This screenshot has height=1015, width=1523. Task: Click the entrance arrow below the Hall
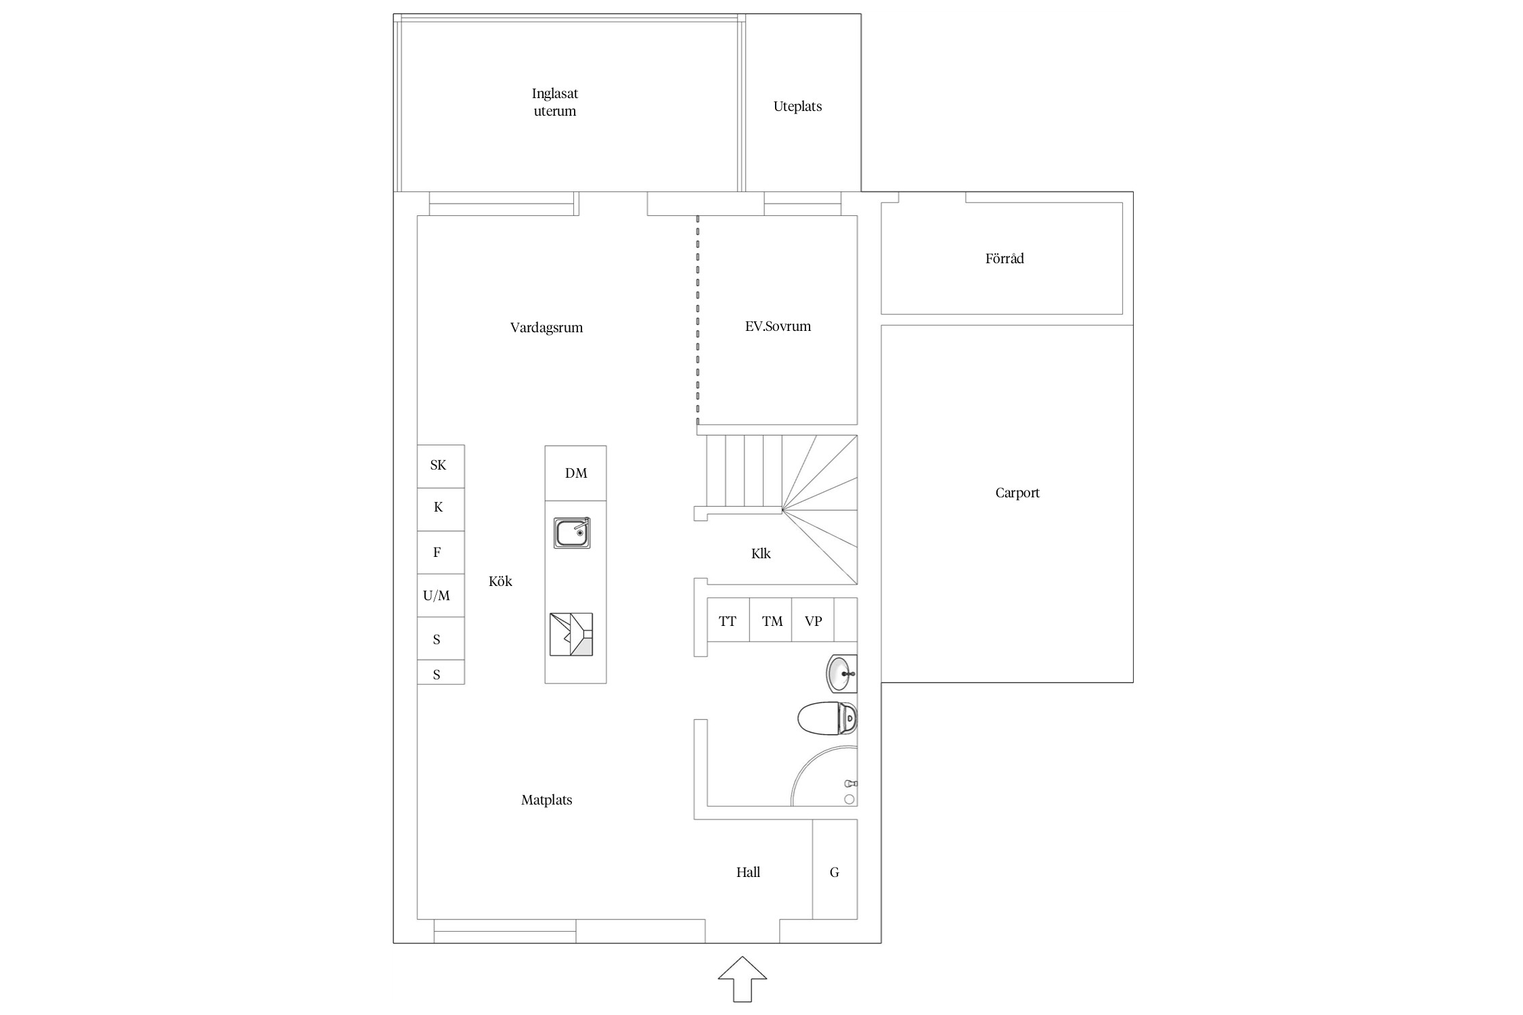(743, 978)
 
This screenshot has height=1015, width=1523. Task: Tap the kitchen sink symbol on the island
(572, 533)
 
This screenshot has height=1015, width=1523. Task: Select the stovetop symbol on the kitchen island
(571, 634)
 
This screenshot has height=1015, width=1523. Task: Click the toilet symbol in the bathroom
(827, 718)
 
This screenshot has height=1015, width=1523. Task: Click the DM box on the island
(575, 473)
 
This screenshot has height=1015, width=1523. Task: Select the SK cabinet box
(441, 466)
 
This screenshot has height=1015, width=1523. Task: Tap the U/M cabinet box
(441, 595)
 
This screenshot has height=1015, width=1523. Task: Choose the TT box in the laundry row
(728, 620)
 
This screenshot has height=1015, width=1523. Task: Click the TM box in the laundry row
(771, 620)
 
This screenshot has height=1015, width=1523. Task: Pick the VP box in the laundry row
(813, 620)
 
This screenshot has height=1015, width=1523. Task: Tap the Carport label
(1017, 493)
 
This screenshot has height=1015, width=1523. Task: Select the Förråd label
(1005, 258)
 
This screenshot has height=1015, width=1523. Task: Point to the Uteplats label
(797, 106)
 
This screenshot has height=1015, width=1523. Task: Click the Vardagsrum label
(546, 328)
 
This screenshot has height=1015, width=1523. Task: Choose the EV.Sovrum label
(778, 326)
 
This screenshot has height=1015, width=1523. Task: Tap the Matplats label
(546, 800)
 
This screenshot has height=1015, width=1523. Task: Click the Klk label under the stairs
(761, 554)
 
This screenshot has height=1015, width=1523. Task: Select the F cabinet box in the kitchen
(441, 552)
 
